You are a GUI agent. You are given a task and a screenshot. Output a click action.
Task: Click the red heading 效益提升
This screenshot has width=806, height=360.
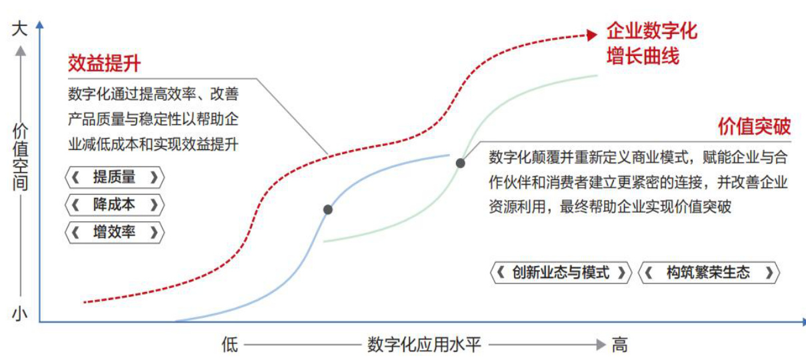pos(105,63)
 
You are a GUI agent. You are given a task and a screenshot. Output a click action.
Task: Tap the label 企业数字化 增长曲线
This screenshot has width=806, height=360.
pos(651,43)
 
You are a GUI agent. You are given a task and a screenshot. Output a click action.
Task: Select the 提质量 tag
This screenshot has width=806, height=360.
pos(115,177)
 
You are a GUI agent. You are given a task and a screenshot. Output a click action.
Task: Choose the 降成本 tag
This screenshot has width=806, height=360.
pos(115,205)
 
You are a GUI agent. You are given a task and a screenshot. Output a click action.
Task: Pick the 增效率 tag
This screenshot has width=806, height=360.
pos(115,233)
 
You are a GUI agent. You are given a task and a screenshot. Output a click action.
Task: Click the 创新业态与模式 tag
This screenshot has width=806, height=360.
pos(561,273)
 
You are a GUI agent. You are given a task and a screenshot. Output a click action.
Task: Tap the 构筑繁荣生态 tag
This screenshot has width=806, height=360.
pos(709,273)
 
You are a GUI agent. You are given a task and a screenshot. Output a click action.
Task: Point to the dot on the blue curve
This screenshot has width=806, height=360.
pos(328,210)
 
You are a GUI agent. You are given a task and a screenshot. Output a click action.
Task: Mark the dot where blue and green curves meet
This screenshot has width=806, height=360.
pos(460,163)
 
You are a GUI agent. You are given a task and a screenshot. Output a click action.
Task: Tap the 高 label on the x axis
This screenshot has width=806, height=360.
pos(619,345)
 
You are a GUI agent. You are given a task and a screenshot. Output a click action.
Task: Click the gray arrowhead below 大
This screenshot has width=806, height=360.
pos(21,50)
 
